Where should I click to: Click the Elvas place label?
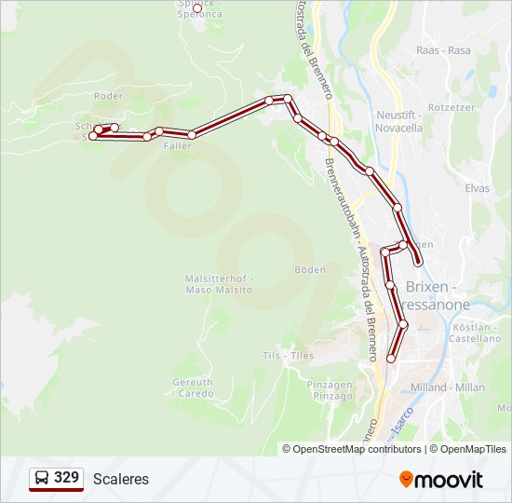[477, 187]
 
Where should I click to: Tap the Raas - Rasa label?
[446, 49]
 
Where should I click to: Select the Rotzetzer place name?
[452, 107]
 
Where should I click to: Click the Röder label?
[108, 96]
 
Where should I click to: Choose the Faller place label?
[177, 146]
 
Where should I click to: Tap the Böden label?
[310, 269]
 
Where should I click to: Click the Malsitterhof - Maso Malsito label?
[219, 284]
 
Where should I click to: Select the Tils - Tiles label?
[289, 355]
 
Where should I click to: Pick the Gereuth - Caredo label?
[193, 387]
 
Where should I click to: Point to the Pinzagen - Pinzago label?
[330, 389]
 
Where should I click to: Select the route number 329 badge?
[66, 478]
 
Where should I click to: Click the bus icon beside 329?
[42, 479]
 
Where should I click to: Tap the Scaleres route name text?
[120, 479]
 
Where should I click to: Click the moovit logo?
[441, 479]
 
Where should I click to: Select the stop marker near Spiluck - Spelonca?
[196, 8]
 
